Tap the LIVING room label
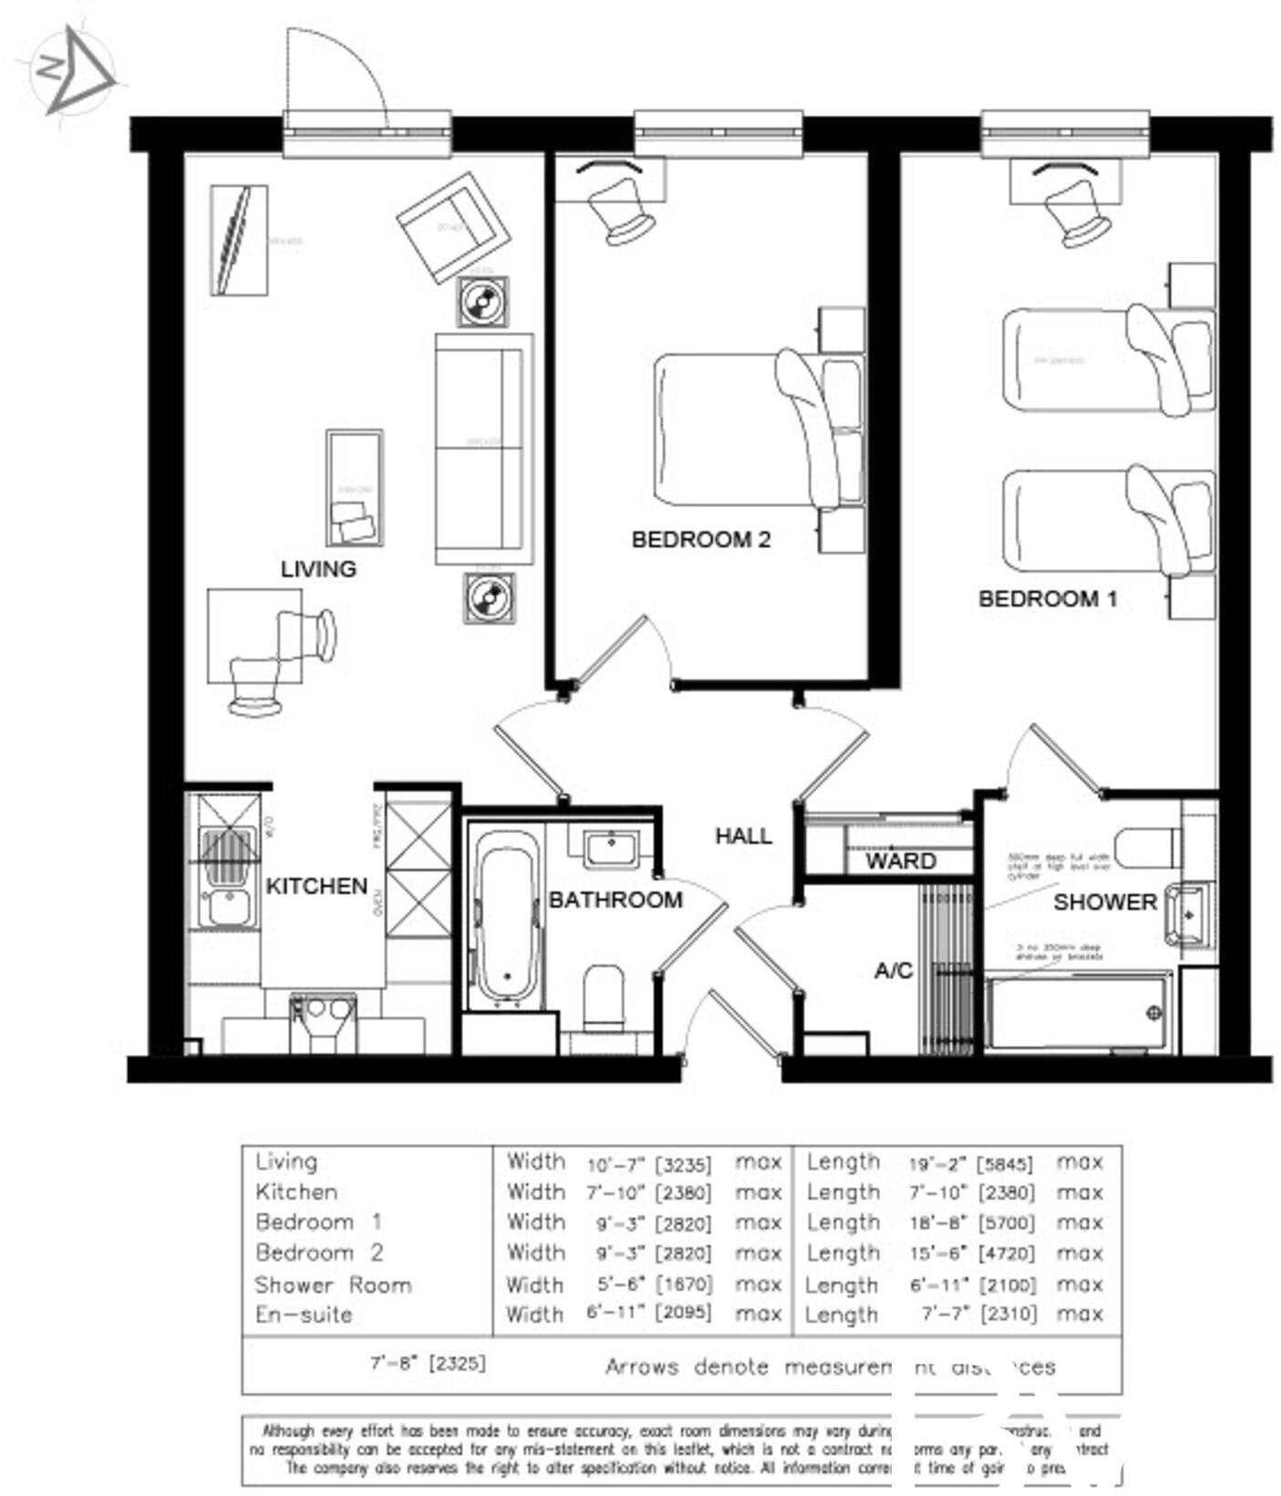click(317, 569)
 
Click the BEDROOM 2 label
click(700, 540)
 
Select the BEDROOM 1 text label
click(1047, 599)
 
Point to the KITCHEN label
click(316, 887)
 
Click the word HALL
click(743, 836)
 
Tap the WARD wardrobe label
click(901, 861)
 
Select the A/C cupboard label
click(893, 971)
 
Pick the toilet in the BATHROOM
click(602, 996)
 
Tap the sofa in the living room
click(483, 448)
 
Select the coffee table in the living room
click(354, 487)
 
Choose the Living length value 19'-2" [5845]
click(970, 1164)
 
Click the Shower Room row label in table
click(333, 1285)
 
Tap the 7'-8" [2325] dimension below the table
click(427, 1364)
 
